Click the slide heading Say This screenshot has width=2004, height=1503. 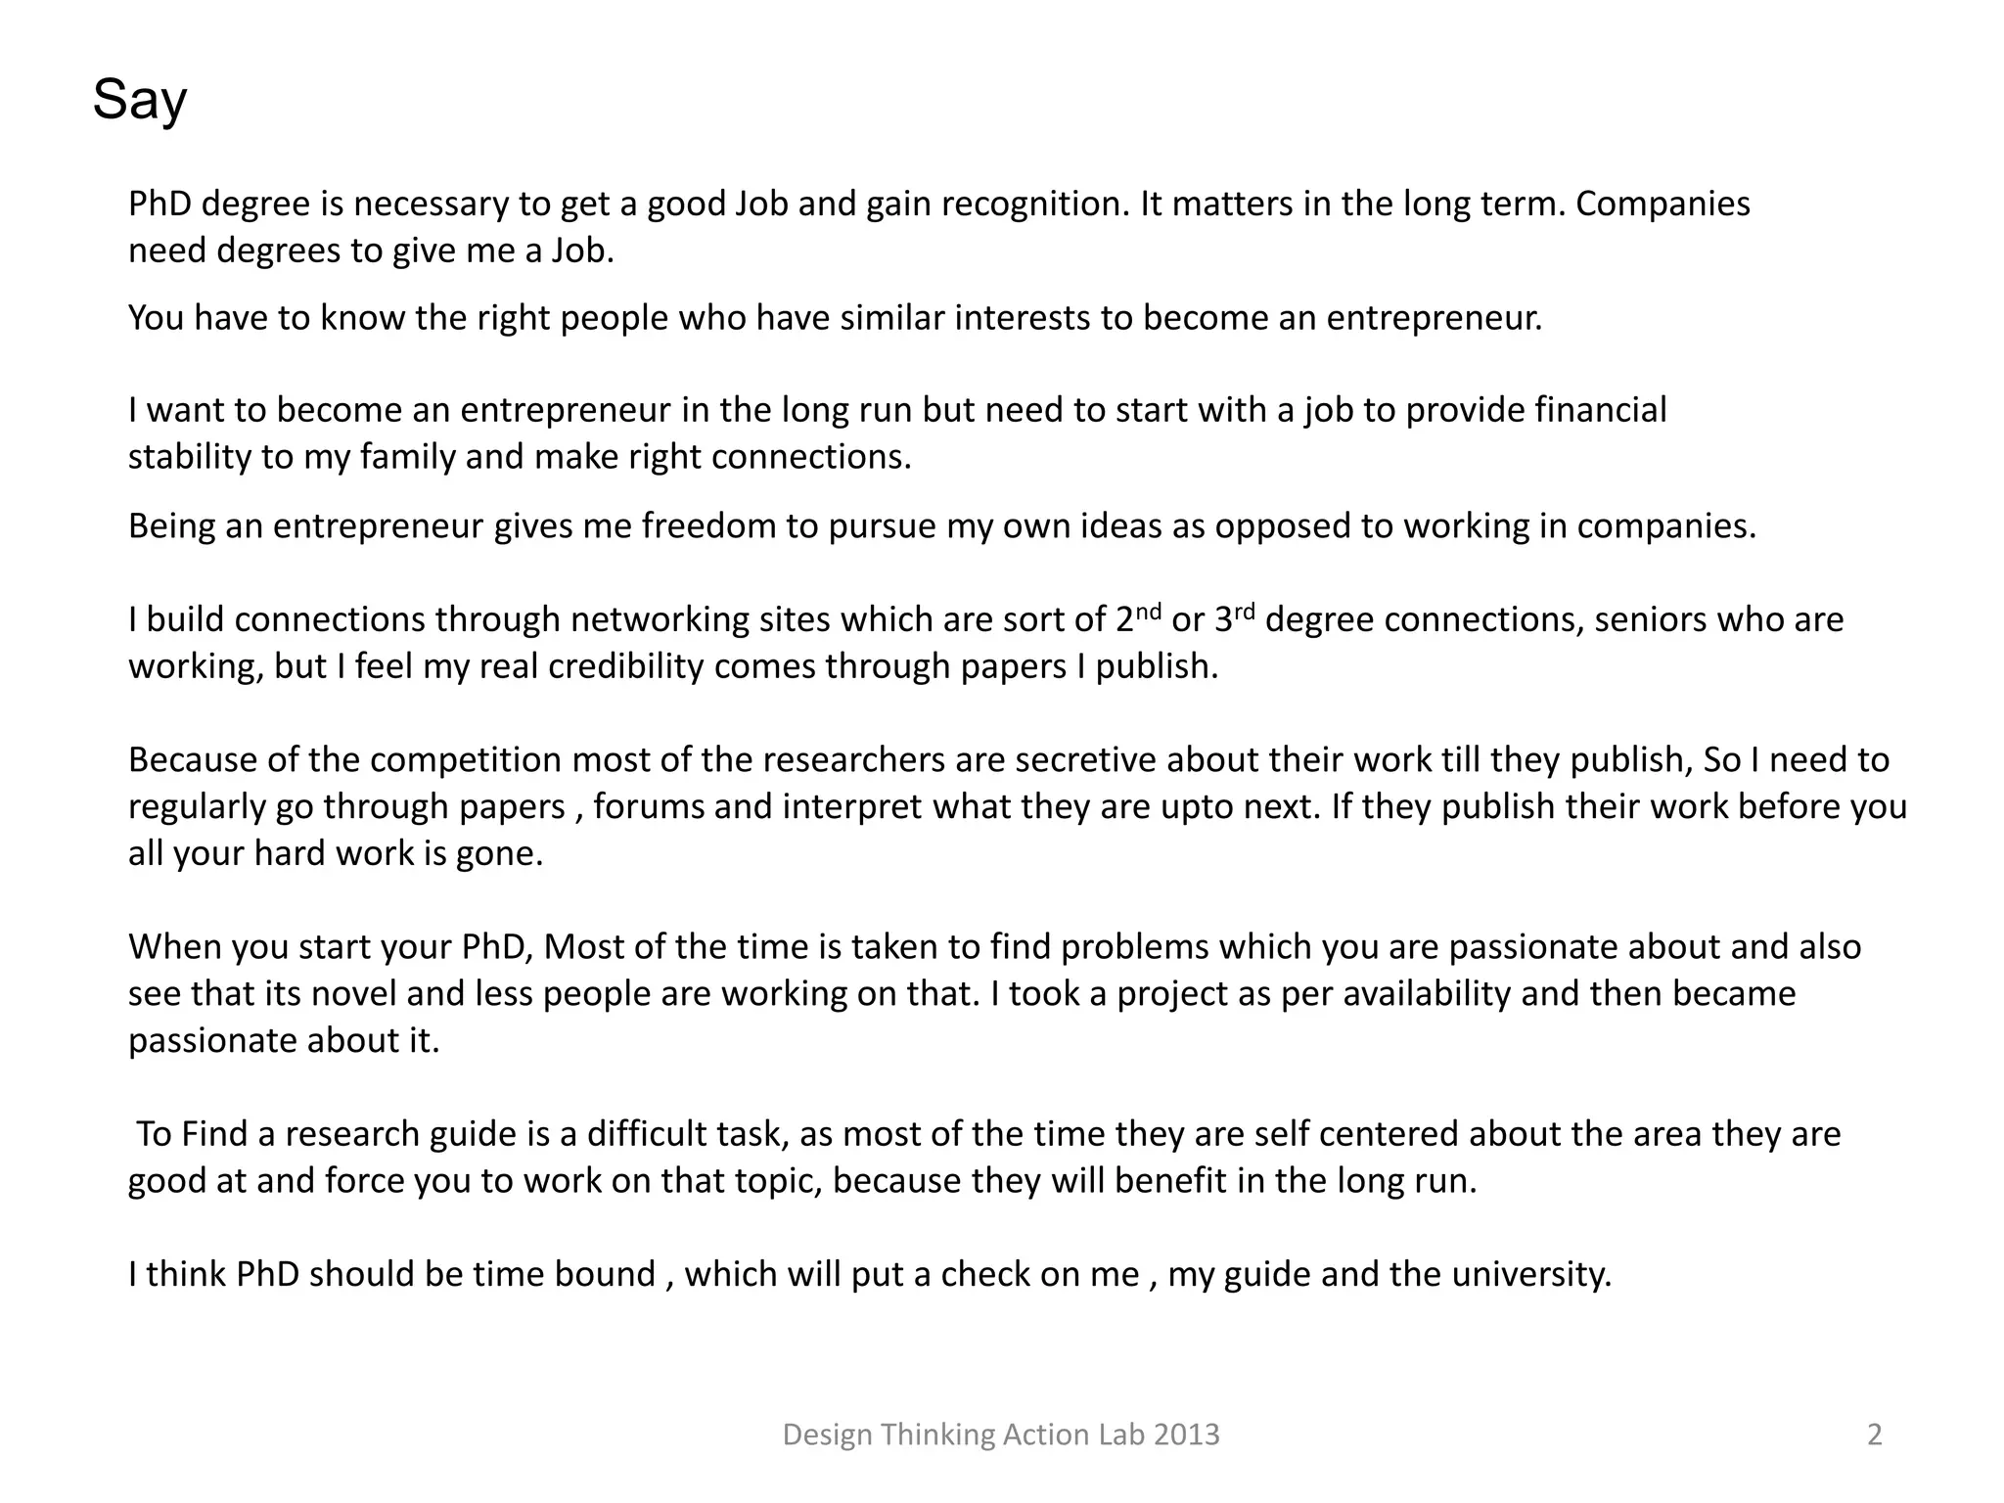point(139,100)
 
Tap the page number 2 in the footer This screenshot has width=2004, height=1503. point(1874,1435)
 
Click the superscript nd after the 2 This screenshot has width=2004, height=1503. point(1149,611)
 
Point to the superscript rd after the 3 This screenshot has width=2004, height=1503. point(1245,611)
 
